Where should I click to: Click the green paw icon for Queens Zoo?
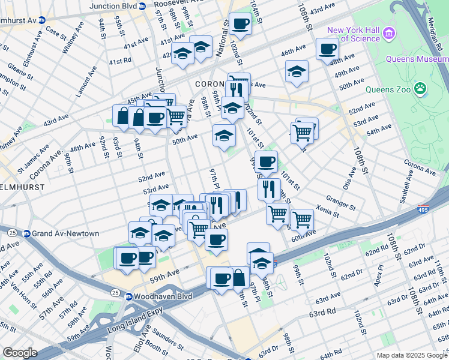(423, 90)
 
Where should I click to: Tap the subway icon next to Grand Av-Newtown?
(27, 233)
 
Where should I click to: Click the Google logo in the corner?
(20, 353)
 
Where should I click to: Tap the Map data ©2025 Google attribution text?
(411, 355)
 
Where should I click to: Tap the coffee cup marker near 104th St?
(241, 24)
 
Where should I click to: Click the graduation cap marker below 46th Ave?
(296, 71)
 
